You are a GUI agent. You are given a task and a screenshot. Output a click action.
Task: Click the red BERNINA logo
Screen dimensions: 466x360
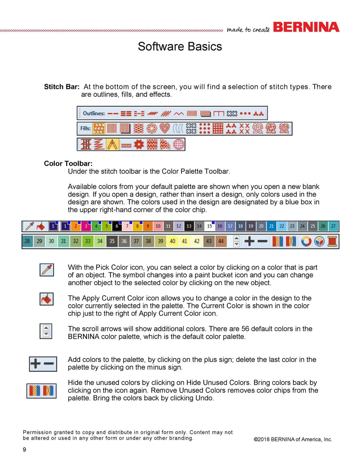[x=306, y=27]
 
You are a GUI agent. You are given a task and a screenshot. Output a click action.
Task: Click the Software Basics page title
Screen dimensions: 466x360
[x=180, y=46]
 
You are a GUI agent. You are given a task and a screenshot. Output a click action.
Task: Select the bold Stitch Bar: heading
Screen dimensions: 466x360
[x=62, y=87]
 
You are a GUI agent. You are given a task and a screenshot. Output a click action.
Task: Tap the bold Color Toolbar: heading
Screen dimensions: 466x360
[x=68, y=163]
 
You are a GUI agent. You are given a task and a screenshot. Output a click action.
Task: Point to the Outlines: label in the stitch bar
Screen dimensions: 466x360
[x=94, y=113]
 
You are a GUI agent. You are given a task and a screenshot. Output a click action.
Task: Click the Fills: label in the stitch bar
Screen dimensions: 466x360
[x=85, y=128]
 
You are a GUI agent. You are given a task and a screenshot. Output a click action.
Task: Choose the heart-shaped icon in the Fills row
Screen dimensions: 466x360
[x=165, y=128]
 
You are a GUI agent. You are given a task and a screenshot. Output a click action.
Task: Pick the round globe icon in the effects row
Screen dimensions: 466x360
[x=179, y=144]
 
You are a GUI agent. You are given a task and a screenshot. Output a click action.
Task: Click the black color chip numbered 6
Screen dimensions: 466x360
[x=117, y=226]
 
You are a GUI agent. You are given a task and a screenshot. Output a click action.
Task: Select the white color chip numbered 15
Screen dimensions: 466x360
[x=210, y=226]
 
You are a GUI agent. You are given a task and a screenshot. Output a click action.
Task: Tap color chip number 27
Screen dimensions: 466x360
[x=333, y=226]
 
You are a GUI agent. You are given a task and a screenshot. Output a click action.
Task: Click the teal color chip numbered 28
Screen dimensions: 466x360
[x=27, y=241]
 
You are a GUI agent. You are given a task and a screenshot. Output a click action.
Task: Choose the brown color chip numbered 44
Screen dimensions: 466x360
[x=221, y=241]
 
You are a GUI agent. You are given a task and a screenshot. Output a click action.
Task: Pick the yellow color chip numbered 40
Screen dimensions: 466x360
[x=172, y=241]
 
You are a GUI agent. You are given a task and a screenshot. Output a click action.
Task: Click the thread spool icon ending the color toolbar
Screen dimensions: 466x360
[x=332, y=241]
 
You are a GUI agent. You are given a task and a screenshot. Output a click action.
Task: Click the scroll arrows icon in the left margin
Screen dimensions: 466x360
[x=46, y=331]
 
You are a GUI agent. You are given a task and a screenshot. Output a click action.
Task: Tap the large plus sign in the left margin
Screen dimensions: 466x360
[x=36, y=363]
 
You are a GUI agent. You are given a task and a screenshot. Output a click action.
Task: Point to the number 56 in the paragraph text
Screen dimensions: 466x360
[x=245, y=329]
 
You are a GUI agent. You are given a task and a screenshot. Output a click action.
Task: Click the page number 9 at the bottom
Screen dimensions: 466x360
[x=24, y=449]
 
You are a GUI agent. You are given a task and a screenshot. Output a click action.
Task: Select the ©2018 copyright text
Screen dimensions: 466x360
[x=292, y=439]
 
